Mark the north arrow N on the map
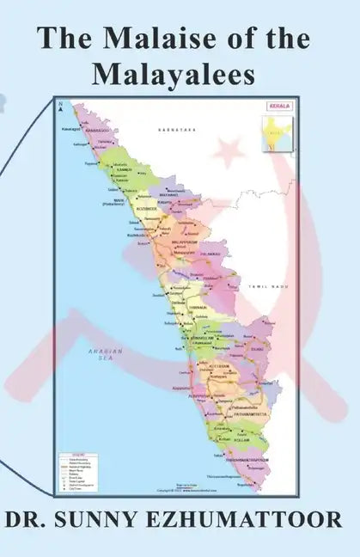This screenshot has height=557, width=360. (61, 108)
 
